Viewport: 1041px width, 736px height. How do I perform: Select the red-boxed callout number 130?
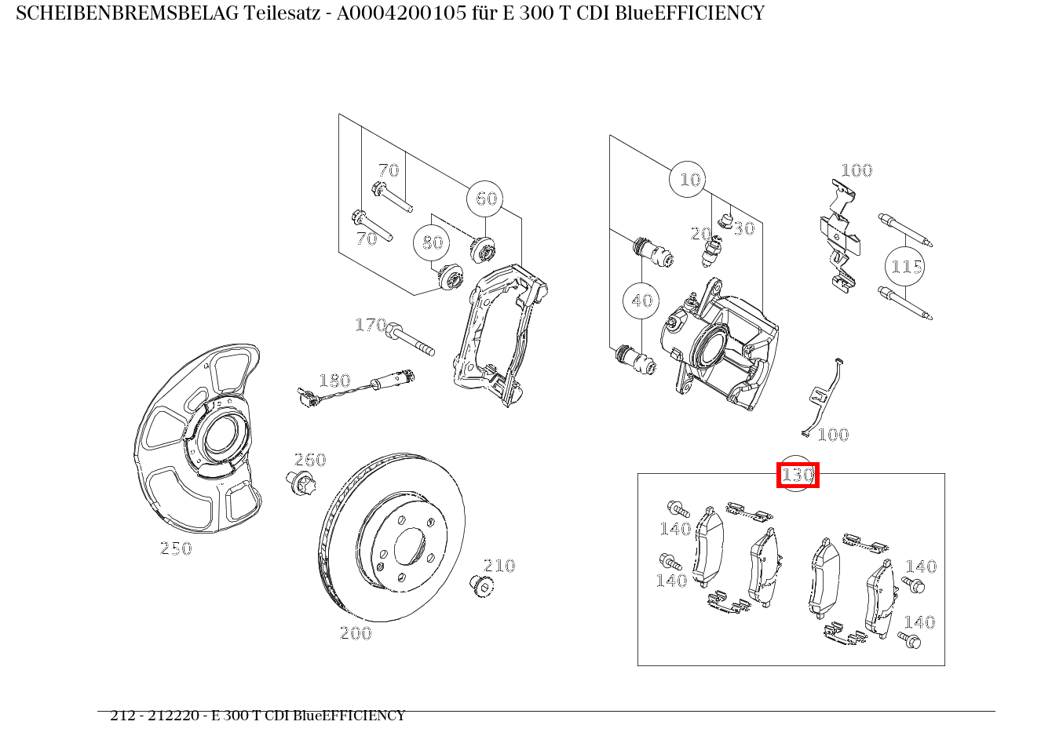point(798,475)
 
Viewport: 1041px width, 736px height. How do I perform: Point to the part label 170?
point(371,325)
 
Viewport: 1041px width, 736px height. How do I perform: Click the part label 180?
point(334,381)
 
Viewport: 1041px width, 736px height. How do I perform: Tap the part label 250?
point(176,548)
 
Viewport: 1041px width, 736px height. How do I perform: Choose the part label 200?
point(356,633)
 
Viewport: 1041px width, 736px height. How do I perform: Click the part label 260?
point(310,460)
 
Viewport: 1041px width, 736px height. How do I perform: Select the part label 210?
point(499,566)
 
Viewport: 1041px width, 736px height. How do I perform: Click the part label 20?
point(700,234)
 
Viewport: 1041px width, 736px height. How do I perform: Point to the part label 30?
point(744,228)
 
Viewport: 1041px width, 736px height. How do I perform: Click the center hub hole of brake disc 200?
point(410,547)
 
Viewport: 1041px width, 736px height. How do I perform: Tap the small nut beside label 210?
point(481,586)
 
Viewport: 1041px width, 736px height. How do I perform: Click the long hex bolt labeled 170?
point(410,339)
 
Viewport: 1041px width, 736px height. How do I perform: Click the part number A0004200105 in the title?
point(401,13)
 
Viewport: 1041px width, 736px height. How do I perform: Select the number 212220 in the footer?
point(173,716)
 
